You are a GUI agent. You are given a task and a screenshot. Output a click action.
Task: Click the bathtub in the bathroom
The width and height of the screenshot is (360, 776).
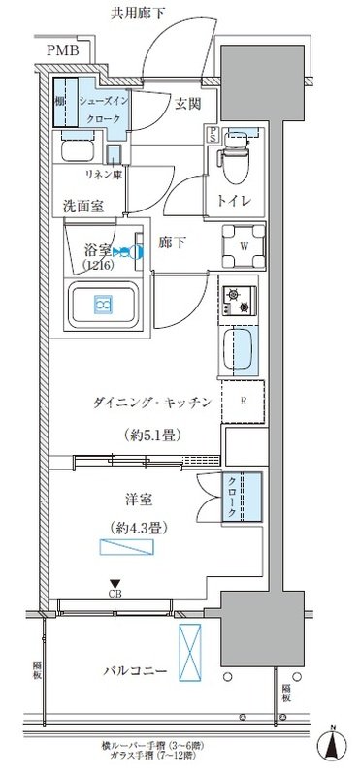pyautogui.click(x=103, y=306)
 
